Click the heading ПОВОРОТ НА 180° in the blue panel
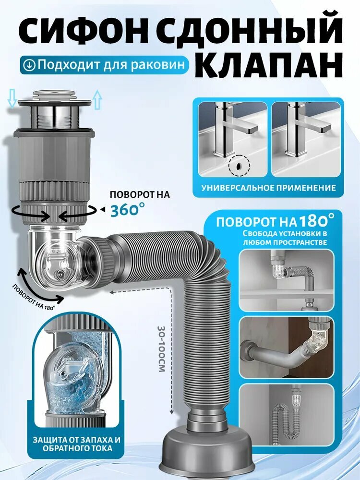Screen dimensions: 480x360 tap(275, 222)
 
